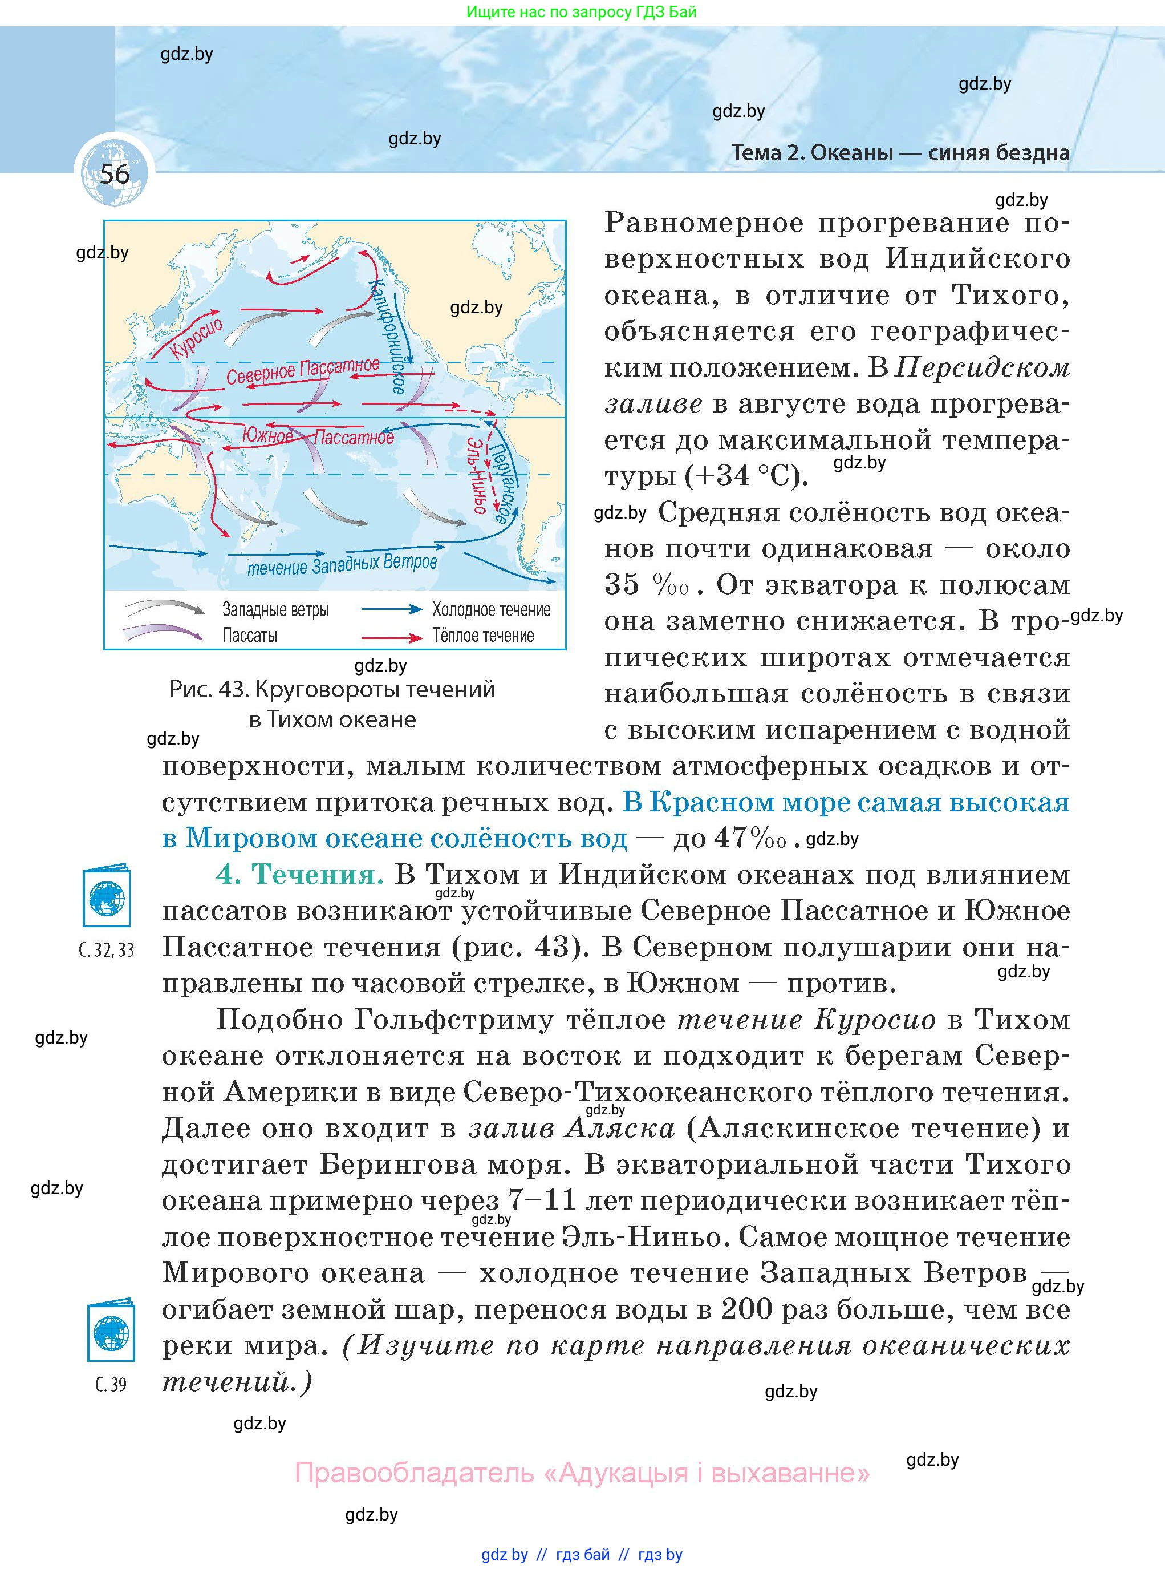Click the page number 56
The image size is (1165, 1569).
(114, 173)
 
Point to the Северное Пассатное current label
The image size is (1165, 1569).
(303, 371)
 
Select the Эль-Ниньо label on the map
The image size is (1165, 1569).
(477, 474)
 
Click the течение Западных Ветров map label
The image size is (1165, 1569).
(342, 564)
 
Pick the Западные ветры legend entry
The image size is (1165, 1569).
(275, 609)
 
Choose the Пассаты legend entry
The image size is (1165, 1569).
(250, 635)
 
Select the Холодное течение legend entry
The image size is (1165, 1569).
(491, 609)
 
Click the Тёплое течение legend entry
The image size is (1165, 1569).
(483, 635)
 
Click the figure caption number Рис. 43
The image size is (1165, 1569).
(209, 689)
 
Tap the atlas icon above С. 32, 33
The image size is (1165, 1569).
(107, 895)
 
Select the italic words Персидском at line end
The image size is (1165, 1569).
(985, 367)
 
